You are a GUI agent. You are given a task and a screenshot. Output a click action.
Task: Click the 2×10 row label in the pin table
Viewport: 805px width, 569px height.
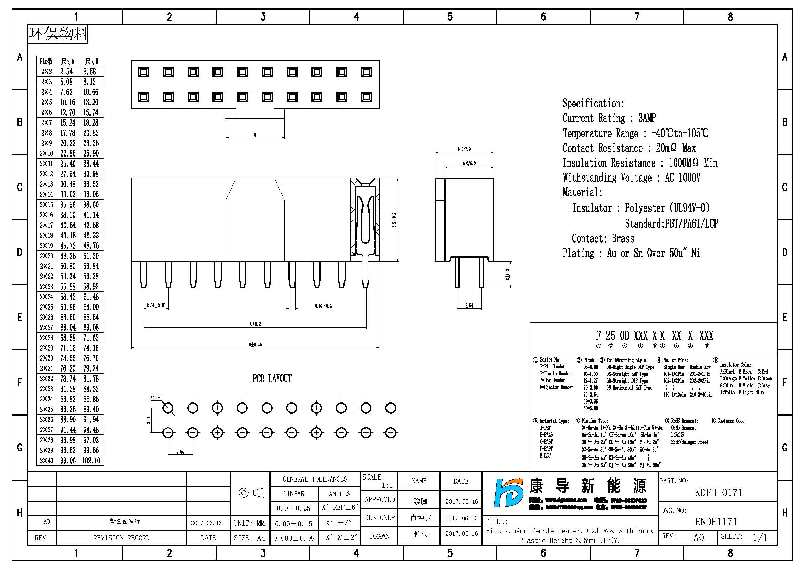pyautogui.click(x=46, y=153)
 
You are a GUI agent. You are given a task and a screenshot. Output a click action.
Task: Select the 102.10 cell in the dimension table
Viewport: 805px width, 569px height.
pyautogui.click(x=91, y=460)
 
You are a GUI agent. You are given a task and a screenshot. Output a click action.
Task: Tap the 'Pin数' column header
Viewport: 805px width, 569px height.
pyautogui.click(x=46, y=61)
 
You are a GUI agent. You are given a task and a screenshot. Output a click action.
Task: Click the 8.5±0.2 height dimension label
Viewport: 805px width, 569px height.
pyautogui.click(x=394, y=220)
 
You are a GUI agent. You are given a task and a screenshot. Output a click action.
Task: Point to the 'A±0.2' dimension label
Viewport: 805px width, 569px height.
pyautogui.click(x=255, y=324)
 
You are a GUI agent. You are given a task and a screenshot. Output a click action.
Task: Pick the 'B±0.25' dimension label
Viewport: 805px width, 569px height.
pyautogui.click(x=255, y=344)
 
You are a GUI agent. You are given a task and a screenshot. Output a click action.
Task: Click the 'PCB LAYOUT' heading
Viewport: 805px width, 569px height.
pyautogui.click(x=272, y=379)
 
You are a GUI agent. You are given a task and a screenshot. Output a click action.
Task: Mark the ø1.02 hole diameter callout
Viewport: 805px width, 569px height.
pyautogui.click(x=155, y=398)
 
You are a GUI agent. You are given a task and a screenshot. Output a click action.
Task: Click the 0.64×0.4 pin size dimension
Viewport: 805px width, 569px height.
pyautogui.click(x=323, y=306)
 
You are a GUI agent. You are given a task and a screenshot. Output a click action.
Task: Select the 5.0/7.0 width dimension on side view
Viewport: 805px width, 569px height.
pyautogui.click(x=464, y=149)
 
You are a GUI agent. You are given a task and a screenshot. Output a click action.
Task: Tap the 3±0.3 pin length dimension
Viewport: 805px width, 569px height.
pyautogui.click(x=507, y=274)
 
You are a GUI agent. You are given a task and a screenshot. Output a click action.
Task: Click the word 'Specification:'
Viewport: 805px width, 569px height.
pyautogui.click(x=593, y=103)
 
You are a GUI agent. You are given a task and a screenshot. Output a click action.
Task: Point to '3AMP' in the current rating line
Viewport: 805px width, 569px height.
pyautogui.click(x=647, y=118)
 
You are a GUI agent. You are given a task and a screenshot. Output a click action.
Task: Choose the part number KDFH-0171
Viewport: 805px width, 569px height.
pyautogui.click(x=718, y=493)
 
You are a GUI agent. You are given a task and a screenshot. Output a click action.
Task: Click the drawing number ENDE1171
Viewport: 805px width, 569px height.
pyautogui.click(x=716, y=522)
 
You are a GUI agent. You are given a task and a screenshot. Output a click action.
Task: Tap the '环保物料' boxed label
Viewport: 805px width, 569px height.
pyautogui.click(x=58, y=34)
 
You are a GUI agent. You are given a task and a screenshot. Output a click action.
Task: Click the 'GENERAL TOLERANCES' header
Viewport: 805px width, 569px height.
pyautogui.click(x=315, y=479)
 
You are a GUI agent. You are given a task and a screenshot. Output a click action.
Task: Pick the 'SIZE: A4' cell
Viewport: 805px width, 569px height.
pyautogui.click(x=249, y=538)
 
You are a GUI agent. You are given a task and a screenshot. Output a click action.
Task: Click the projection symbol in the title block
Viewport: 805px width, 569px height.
pyautogui.click(x=251, y=493)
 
